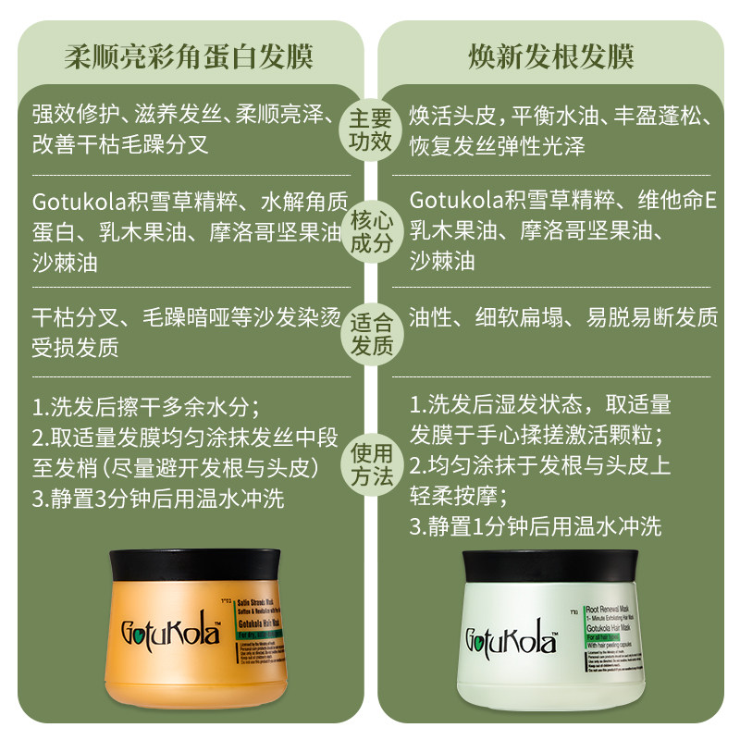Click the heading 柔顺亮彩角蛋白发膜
pyautogui.click(x=188, y=56)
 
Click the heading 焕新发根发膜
pyautogui.click(x=550, y=56)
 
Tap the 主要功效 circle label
pyautogui.click(x=370, y=130)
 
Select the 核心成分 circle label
pyautogui.click(x=370, y=232)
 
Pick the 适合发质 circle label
pyautogui.click(x=370, y=334)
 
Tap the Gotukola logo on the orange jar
pyautogui.click(x=166, y=634)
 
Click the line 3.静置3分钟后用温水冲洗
pyautogui.click(x=158, y=500)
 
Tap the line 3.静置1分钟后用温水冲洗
pyautogui.click(x=536, y=527)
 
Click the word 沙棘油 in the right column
pyautogui.click(x=442, y=262)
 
